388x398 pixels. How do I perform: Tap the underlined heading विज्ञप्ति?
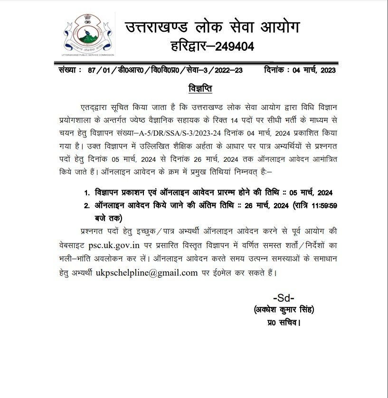[197, 89]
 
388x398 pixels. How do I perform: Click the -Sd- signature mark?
[284, 299]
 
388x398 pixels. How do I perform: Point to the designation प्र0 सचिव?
[284, 323]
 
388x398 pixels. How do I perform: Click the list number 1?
[87, 194]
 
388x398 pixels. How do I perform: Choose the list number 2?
[87, 206]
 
